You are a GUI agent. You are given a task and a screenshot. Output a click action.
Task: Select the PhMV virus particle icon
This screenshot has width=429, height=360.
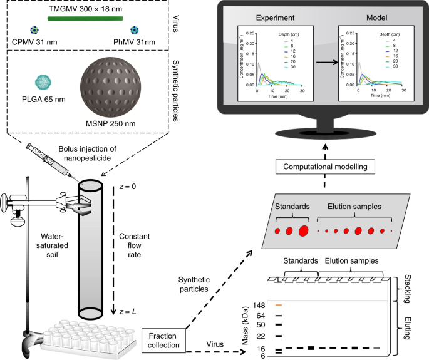[134, 29]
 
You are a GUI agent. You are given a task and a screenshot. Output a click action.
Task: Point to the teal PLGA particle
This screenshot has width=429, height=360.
[41, 82]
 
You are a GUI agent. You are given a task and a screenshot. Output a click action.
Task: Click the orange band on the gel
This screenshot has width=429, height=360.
[279, 305]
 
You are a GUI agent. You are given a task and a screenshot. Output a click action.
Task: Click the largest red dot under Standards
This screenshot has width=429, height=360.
[303, 231]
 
